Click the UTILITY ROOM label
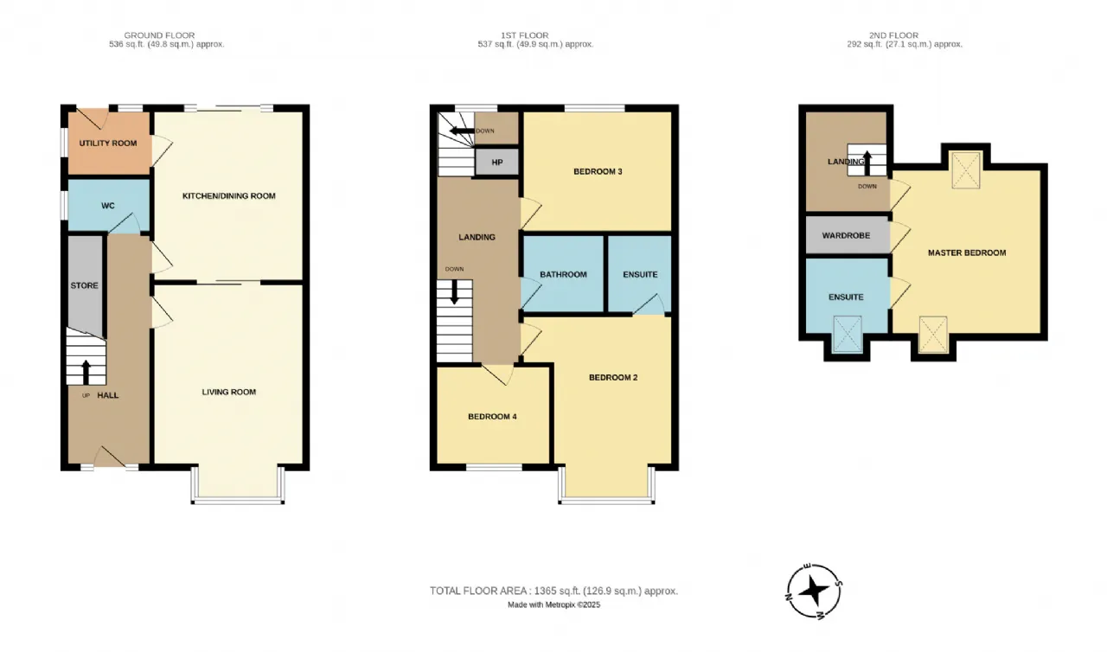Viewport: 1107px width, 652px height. coord(108,143)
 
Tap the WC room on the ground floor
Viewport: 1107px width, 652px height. coord(108,206)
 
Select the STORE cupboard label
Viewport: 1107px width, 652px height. coord(84,285)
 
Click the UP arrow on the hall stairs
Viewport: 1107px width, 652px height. coord(85,371)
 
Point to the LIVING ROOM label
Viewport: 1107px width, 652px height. coord(228,392)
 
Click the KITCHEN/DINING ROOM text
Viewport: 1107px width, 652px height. coord(228,195)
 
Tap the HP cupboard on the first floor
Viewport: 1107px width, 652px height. coord(496,162)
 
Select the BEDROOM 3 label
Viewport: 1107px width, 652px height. coord(598,171)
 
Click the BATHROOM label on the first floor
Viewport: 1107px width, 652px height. coord(563,274)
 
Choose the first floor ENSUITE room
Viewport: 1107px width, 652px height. coord(640,274)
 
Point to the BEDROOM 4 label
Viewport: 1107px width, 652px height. coord(492,416)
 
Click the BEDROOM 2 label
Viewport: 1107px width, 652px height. coord(613,377)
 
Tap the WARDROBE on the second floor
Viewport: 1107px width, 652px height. coord(846,234)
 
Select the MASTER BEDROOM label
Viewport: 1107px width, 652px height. coord(967,252)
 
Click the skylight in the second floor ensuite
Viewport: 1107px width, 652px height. coord(847,332)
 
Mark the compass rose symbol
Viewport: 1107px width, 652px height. coord(815,591)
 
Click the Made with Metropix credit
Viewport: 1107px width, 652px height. coord(553,605)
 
